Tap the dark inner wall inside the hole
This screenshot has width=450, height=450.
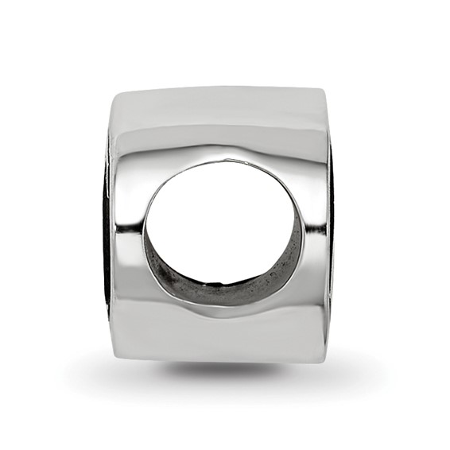239,286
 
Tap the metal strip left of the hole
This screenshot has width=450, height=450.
127,231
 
